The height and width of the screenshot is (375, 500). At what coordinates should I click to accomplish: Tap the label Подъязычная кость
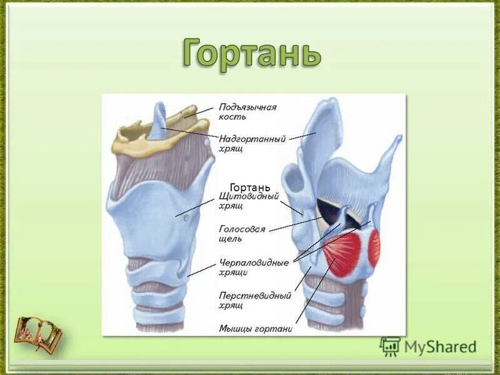247,111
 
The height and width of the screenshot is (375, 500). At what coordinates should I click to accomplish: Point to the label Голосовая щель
242,234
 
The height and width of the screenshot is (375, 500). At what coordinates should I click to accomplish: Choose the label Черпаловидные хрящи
254,267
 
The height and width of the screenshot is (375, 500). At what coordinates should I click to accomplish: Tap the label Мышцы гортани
256,327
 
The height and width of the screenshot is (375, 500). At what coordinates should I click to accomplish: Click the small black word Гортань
250,187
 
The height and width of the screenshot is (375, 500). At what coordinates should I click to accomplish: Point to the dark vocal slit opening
327,209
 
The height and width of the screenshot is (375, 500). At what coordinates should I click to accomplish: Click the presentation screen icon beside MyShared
390,346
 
